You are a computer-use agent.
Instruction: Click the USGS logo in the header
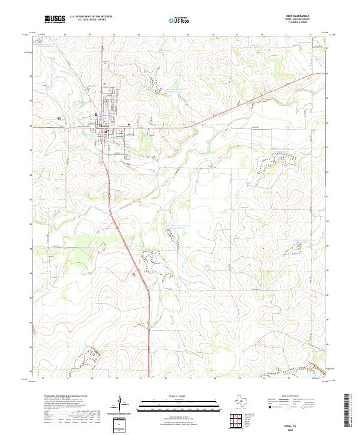[55, 19]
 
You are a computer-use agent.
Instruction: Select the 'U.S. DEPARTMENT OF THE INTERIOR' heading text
[91, 17]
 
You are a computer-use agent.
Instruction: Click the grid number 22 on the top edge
[163, 35]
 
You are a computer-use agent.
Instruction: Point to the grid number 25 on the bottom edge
[238, 379]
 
